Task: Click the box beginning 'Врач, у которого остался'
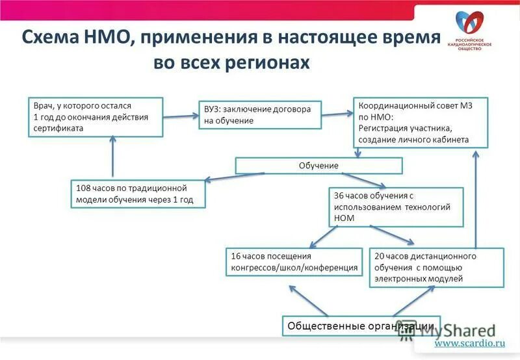pyautogui.click(x=96, y=116)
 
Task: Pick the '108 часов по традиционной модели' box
pyautogui.click(x=138, y=194)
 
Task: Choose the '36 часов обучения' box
pyautogui.click(x=396, y=207)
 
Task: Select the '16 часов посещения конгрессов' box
pyautogui.click(x=294, y=262)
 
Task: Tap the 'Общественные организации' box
pyautogui.click(x=361, y=326)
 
